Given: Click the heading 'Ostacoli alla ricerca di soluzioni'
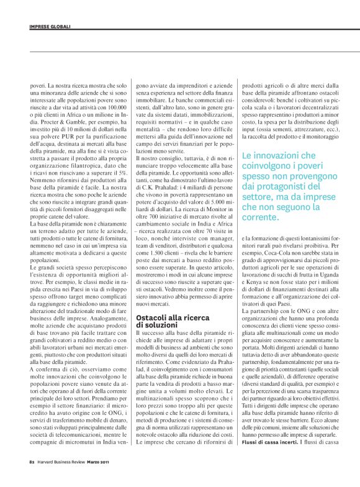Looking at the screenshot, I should [163, 321].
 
